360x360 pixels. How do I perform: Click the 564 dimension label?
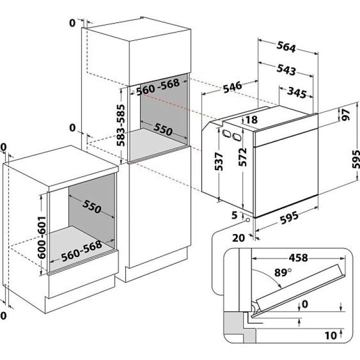tap(286, 46)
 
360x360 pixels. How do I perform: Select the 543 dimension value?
tap(285, 69)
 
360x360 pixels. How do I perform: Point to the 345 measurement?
tap(297, 92)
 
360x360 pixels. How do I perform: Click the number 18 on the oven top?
tap(251, 120)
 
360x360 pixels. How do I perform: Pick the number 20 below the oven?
tap(239, 238)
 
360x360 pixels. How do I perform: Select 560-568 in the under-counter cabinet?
tap(81, 252)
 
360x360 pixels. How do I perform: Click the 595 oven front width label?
tap(288, 216)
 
